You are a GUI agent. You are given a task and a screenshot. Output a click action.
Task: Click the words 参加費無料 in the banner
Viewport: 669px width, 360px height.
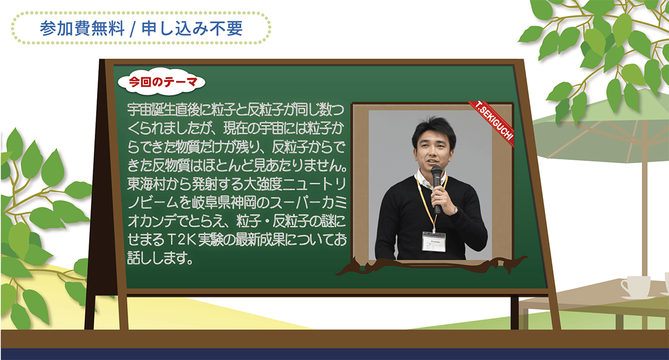[82, 28]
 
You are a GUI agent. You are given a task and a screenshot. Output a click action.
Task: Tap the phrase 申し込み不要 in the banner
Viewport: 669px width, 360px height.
[192, 28]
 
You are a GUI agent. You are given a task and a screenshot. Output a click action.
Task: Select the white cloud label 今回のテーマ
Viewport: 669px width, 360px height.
[162, 82]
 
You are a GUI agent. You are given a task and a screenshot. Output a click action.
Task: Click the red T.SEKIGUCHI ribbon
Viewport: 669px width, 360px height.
[492, 124]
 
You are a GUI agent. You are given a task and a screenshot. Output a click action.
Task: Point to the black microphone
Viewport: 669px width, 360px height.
[437, 189]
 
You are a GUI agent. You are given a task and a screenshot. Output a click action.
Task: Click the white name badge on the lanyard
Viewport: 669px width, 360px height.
[434, 241]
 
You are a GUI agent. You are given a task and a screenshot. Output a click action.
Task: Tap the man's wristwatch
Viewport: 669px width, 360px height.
[456, 210]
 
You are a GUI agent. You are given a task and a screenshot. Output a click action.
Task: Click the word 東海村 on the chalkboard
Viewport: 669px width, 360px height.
[146, 184]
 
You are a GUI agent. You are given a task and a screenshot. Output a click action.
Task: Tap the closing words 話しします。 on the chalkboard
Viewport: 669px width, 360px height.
[161, 257]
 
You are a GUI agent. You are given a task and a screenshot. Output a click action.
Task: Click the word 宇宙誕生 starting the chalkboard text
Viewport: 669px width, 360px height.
[152, 110]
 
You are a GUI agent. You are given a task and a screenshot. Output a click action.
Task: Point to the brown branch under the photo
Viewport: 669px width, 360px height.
[430, 266]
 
